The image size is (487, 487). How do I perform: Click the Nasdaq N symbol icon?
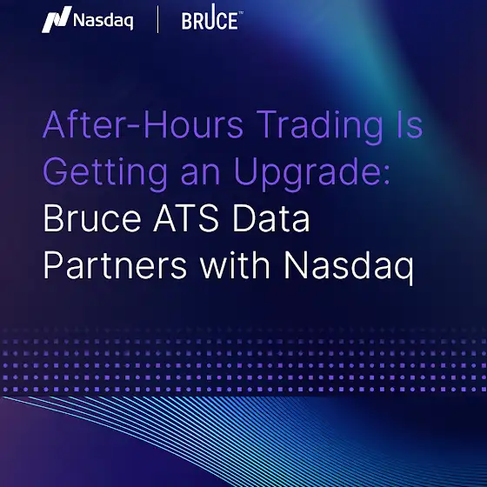pyautogui.click(x=57, y=19)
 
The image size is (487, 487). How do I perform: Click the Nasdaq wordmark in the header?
pyautogui.click(x=103, y=21)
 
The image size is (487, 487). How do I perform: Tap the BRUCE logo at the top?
pyautogui.click(x=212, y=17)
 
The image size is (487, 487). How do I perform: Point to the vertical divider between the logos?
pyautogui.click(x=157, y=19)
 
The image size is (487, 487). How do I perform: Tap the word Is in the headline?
pyautogui.click(x=410, y=123)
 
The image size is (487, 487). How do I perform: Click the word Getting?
pyautogui.click(x=105, y=174)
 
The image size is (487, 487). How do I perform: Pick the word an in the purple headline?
pyautogui.click(x=200, y=176)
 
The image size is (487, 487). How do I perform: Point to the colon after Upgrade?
pyautogui.click(x=387, y=176)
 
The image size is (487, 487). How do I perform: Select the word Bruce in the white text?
pyautogui.click(x=92, y=217)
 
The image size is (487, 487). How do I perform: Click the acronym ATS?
pyautogui.click(x=186, y=217)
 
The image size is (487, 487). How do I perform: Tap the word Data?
pyautogui.click(x=271, y=217)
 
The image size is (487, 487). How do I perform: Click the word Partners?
pyautogui.click(x=115, y=265)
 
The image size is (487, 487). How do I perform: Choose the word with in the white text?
pyautogui.click(x=235, y=264)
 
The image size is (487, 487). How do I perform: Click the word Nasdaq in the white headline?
pyautogui.click(x=349, y=268)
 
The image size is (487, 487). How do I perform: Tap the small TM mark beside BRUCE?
pyautogui.click(x=241, y=13)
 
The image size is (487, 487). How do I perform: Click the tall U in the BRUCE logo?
pyautogui.click(x=212, y=17)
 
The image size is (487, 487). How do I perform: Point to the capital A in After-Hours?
pyautogui.click(x=54, y=124)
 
